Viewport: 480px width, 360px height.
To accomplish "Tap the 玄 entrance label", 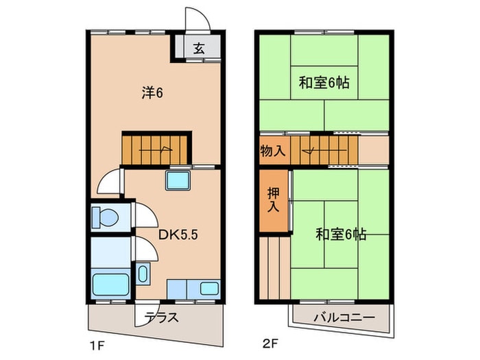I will (x=198, y=49).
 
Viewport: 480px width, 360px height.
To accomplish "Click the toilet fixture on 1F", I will (x=105, y=217).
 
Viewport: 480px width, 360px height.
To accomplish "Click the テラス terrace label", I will (x=161, y=317).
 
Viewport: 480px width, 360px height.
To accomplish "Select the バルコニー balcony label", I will (x=343, y=318).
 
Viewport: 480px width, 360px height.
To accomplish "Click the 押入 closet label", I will (x=274, y=198).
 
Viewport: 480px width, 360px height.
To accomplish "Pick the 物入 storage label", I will (x=273, y=150).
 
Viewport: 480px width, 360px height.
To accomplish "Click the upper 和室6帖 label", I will (x=324, y=83).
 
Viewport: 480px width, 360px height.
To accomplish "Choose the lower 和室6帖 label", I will (x=340, y=235).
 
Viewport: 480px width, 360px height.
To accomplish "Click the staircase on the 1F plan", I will (x=156, y=147).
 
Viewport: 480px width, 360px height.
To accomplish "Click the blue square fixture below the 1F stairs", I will (x=177, y=182).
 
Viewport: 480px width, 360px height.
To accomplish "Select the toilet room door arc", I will (x=144, y=215).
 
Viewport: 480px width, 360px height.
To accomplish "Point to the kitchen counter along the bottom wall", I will (x=193, y=288).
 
